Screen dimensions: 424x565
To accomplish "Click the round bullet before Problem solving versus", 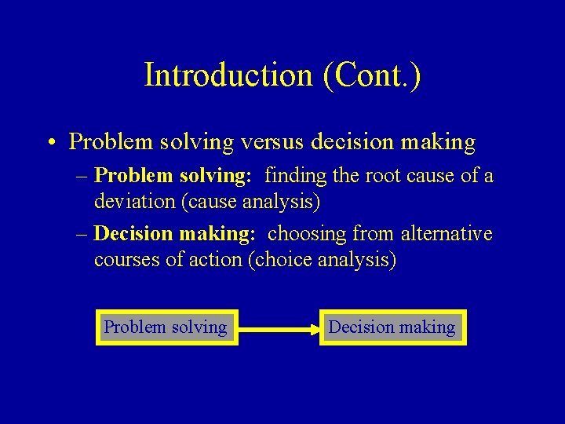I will (49, 143).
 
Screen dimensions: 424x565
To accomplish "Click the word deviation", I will (135, 202).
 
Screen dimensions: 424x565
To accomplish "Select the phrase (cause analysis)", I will (250, 202).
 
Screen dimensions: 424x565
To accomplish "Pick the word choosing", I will (307, 234).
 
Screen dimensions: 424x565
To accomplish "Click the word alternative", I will (447, 234).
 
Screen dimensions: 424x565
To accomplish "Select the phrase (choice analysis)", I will (322, 260).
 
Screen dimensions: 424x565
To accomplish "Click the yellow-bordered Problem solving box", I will (166, 327).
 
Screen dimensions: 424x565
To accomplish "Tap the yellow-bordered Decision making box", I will (392, 327).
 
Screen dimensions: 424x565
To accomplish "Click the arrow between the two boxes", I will (278, 327).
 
